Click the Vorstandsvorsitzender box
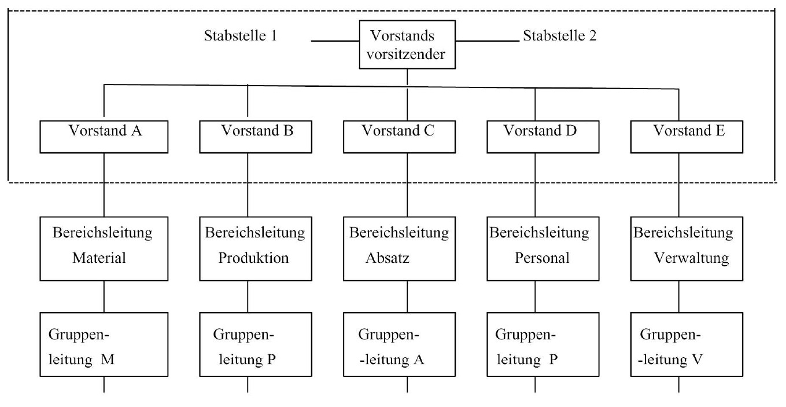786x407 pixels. pyautogui.click(x=407, y=44)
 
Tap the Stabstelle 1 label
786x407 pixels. pyautogui.click(x=241, y=36)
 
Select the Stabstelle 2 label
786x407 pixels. pyautogui.click(x=560, y=36)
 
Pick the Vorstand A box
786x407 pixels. pyautogui.click(x=104, y=137)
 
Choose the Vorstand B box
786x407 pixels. pyautogui.click(x=256, y=137)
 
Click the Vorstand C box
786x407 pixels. pyautogui.click(x=399, y=137)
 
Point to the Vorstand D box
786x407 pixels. pyautogui.click(x=543, y=137)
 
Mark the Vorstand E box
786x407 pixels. pyautogui.click(x=687, y=137)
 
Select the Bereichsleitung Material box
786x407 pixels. pyautogui.click(x=104, y=248)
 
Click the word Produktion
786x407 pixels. pyautogui.click(x=253, y=258)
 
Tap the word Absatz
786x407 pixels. pyautogui.click(x=388, y=258)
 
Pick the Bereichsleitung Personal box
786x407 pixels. pyautogui.click(x=543, y=248)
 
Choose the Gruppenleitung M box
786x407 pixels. pyautogui.click(x=104, y=344)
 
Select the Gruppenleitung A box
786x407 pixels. pyautogui.click(x=399, y=344)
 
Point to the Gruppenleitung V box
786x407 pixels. pyautogui.click(x=687, y=344)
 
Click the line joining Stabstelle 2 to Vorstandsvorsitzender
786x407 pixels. pyautogui.click(x=488, y=41)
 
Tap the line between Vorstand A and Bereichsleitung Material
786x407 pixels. pyautogui.click(x=104, y=185)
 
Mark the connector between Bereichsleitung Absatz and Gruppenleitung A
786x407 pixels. pyautogui.click(x=407, y=297)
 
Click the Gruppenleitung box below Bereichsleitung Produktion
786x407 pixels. pyautogui.click(x=256, y=344)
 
